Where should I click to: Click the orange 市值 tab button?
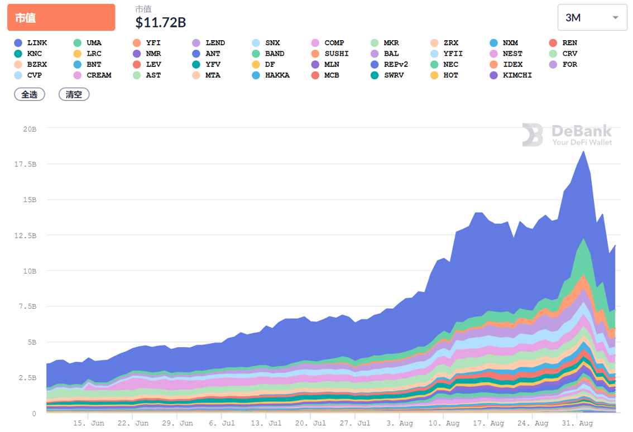[x=61, y=17]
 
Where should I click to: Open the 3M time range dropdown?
[x=592, y=17]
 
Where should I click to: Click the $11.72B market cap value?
[x=161, y=22]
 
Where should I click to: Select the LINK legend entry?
[x=31, y=43]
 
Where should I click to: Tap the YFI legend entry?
[x=147, y=43]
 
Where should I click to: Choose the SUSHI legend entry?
[x=330, y=54]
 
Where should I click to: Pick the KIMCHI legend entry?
[x=511, y=75]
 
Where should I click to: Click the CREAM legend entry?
[x=93, y=75]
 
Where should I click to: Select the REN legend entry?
[x=563, y=43]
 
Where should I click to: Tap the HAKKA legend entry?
[x=271, y=75]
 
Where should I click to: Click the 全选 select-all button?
[x=30, y=94]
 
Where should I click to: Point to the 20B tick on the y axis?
[x=29, y=128]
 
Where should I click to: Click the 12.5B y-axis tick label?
[x=25, y=236]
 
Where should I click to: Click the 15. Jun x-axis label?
[x=89, y=423]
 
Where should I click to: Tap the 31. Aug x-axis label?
[x=577, y=423]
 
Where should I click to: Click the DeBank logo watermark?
[x=567, y=135]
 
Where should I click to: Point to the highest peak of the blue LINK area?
[x=583, y=152]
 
